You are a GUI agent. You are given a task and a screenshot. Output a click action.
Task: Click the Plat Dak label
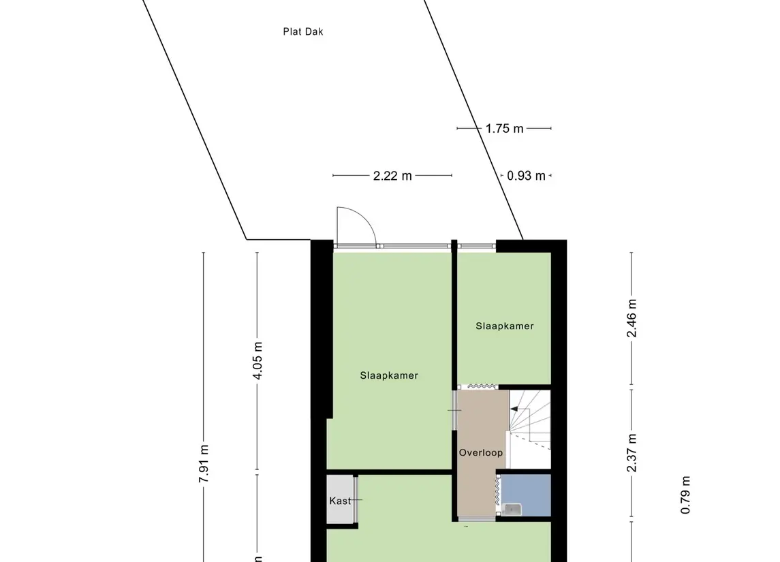click(x=303, y=32)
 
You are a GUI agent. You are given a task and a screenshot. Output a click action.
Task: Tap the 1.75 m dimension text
click(x=504, y=129)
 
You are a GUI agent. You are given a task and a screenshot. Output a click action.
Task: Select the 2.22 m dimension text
click(x=392, y=176)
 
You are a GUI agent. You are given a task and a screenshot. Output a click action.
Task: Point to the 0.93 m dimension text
click(x=527, y=176)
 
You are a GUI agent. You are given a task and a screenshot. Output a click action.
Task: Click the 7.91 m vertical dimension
click(x=204, y=463)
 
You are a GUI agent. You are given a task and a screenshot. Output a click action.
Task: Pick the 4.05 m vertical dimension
click(x=258, y=360)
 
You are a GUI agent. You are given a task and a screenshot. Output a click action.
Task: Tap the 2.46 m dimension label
click(x=631, y=318)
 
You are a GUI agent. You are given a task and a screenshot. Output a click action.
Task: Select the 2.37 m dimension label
click(x=631, y=453)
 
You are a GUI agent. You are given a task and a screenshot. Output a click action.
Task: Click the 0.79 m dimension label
click(x=685, y=495)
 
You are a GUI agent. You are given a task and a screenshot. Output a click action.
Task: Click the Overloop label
click(x=480, y=452)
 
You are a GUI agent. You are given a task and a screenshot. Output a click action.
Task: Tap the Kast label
click(x=340, y=501)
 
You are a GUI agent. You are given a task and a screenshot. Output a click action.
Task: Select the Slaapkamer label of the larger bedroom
click(x=389, y=375)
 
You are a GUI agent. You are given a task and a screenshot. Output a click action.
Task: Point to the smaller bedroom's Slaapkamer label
click(x=504, y=326)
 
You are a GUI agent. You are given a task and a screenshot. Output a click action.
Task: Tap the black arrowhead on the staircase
click(x=514, y=409)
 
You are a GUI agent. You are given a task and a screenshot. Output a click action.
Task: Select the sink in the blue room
click(x=512, y=510)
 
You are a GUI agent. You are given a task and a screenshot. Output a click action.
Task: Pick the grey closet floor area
click(x=340, y=499)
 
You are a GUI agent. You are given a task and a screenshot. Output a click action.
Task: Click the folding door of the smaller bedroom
click(x=481, y=386)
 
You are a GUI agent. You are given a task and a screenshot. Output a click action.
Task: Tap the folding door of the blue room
click(x=497, y=492)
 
